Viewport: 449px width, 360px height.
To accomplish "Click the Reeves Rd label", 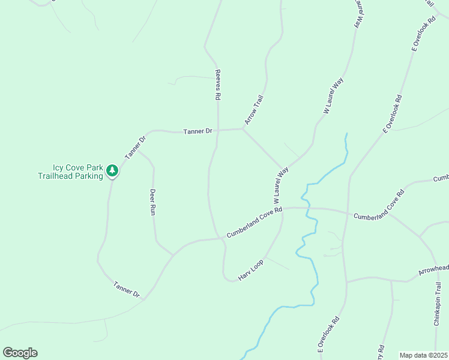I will click(x=218, y=85).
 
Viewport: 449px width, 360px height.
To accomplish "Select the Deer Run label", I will click(x=152, y=202).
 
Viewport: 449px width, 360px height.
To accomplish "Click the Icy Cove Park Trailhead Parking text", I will click(x=70, y=172).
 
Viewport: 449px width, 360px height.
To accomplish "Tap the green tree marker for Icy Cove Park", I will click(x=112, y=171).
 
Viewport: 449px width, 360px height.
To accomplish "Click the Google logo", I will click(x=20, y=353).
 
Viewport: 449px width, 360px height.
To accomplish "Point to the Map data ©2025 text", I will click(x=423, y=355).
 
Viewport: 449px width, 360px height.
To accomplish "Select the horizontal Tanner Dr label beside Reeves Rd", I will click(x=198, y=131).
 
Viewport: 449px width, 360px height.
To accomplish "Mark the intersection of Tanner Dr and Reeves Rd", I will click(x=217, y=130).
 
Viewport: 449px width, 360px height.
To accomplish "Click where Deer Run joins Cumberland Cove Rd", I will click(x=173, y=255).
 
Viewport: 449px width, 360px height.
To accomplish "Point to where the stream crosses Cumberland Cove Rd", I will click(x=309, y=209).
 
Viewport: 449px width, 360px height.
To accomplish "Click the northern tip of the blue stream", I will click(x=346, y=134).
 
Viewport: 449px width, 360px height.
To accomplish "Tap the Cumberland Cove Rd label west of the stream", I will click(x=254, y=223).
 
